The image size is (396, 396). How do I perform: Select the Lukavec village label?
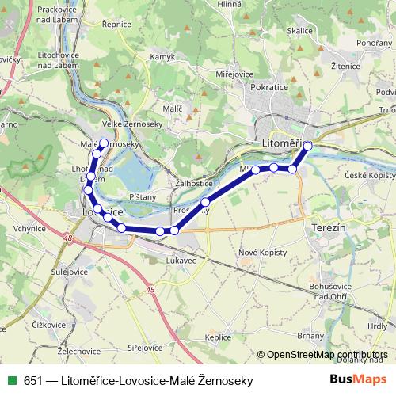coord(181,259)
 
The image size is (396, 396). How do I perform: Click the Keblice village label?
coord(218,337)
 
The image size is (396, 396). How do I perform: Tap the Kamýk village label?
coord(162,57)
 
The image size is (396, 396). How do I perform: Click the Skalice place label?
coord(300,31)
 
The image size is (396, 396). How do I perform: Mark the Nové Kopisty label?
coord(260,253)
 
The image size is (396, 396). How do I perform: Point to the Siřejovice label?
coord(145,348)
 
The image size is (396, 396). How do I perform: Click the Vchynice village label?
coord(29,228)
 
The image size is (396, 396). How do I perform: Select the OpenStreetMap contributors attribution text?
coord(326,355)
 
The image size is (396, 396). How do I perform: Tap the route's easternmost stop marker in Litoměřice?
coord(308,146)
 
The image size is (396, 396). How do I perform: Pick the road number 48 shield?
coord(70,238)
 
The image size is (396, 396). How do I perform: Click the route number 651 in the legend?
coord(33,381)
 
